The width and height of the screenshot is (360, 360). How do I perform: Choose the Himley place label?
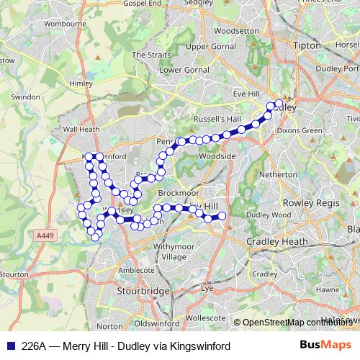81,84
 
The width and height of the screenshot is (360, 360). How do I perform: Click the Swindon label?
26,96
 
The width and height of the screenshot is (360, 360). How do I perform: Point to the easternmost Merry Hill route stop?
222,216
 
